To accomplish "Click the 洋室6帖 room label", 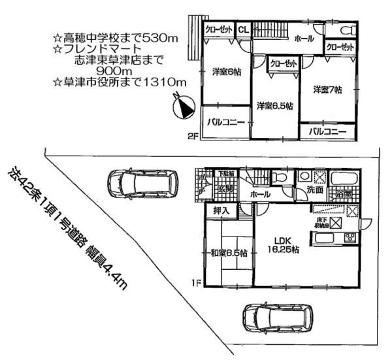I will pos(226,73).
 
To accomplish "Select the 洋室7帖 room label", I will pos(327,90).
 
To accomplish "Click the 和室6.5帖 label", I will pos(228,253).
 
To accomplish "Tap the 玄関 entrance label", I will pos(226,189).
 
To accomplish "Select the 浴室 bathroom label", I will pos(344,194).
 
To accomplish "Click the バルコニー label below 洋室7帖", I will pos(327,132).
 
